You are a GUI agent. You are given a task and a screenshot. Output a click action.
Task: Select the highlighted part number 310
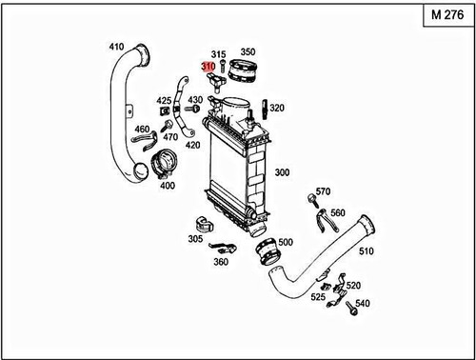pyautogui.click(x=208, y=67)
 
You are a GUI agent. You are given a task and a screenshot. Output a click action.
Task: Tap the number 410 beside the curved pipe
pyautogui.click(x=116, y=47)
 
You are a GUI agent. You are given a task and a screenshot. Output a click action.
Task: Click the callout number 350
pyautogui.click(x=248, y=52)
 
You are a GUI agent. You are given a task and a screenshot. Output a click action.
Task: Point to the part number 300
pyautogui.click(x=283, y=173)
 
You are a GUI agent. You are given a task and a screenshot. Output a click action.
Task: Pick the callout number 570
pyautogui.click(x=323, y=190)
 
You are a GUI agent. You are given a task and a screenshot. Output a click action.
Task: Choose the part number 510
pyautogui.click(x=367, y=252)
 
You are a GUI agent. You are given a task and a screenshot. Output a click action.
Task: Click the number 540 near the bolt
pyautogui.click(x=362, y=304)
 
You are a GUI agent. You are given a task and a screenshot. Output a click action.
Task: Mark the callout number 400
pyautogui.click(x=168, y=185)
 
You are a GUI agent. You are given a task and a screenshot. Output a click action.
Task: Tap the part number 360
pyautogui.click(x=221, y=261)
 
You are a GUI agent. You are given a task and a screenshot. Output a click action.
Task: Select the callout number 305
pyautogui.click(x=194, y=239)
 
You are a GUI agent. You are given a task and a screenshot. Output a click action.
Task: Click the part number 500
pyautogui.click(x=285, y=243)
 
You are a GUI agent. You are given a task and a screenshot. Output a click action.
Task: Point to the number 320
pyautogui.click(x=279, y=109)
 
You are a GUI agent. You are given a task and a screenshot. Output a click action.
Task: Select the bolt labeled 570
pyautogui.click(x=311, y=200)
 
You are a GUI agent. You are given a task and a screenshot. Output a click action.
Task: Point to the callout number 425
pyautogui.click(x=164, y=100)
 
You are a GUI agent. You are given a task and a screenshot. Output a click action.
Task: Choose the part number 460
pyautogui.click(x=142, y=130)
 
